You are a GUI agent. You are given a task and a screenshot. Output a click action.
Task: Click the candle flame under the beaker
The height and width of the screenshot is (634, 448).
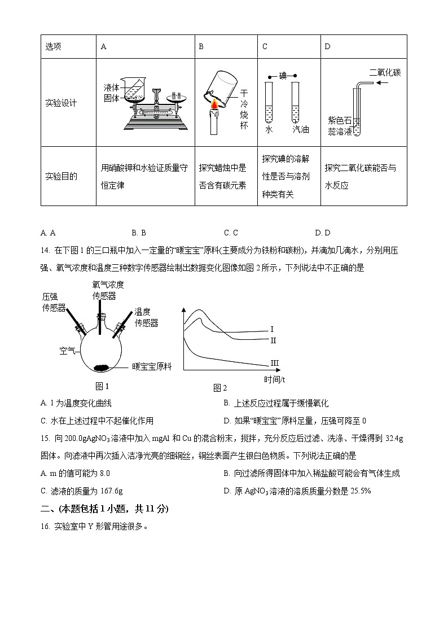(214, 105)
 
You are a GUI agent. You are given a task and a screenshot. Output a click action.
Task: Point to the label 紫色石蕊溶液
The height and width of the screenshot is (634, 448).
(340, 126)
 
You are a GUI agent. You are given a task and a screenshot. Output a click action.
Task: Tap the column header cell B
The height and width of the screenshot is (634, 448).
(201, 46)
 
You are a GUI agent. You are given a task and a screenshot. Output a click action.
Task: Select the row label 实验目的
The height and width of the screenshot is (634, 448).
(61, 176)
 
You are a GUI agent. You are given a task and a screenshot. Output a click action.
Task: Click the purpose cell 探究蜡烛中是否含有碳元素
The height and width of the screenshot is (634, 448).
(223, 176)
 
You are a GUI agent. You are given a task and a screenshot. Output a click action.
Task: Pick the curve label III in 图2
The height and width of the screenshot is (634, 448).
(275, 362)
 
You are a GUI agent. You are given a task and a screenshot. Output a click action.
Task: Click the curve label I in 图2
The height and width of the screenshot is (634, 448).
(271, 329)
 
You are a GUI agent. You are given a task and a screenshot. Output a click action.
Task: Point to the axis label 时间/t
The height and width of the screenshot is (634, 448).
(274, 379)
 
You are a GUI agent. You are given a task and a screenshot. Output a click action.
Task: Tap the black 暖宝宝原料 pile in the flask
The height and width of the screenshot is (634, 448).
(102, 368)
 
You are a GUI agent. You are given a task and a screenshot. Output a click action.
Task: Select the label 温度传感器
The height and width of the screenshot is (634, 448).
(146, 317)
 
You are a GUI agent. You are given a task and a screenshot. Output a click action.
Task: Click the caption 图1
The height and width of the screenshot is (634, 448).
(102, 386)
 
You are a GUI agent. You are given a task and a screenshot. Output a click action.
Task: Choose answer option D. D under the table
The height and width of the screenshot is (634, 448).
(323, 233)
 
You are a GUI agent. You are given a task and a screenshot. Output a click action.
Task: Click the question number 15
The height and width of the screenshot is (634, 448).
(45, 439)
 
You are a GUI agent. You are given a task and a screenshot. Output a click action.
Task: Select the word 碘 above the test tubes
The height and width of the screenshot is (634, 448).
(283, 75)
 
